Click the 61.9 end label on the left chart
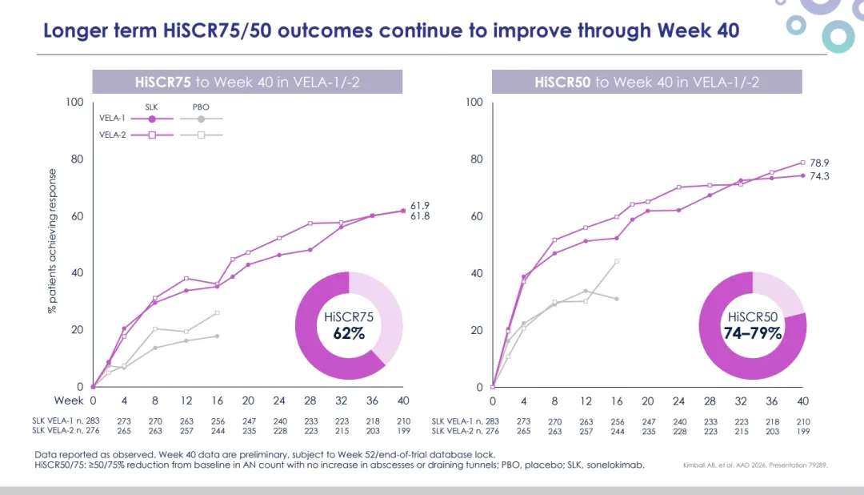click(x=421, y=205)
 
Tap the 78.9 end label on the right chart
click(x=819, y=162)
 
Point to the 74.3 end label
click(x=819, y=175)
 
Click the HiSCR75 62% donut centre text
click(x=349, y=325)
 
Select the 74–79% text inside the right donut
click(x=753, y=333)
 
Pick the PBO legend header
click(x=201, y=106)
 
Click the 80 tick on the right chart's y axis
click(x=477, y=159)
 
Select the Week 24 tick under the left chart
click(x=280, y=400)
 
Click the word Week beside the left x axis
click(x=69, y=400)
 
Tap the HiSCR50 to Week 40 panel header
click(x=647, y=82)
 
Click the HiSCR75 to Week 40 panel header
click(x=247, y=82)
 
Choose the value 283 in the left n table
click(x=91, y=421)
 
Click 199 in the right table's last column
click(x=802, y=431)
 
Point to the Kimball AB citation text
click(x=765, y=465)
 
